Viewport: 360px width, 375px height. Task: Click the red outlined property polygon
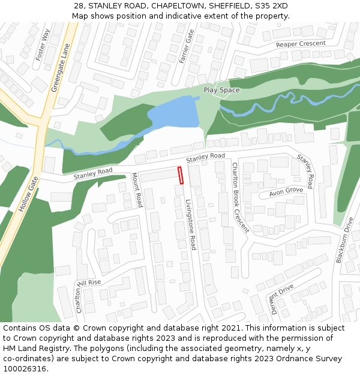coord(180,176)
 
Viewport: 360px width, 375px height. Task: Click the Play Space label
coord(221,90)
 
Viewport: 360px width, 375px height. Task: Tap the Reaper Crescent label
coord(301,44)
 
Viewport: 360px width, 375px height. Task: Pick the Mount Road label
coord(137,190)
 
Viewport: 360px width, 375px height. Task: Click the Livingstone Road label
coord(190,225)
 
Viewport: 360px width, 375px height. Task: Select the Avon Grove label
coord(286,191)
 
